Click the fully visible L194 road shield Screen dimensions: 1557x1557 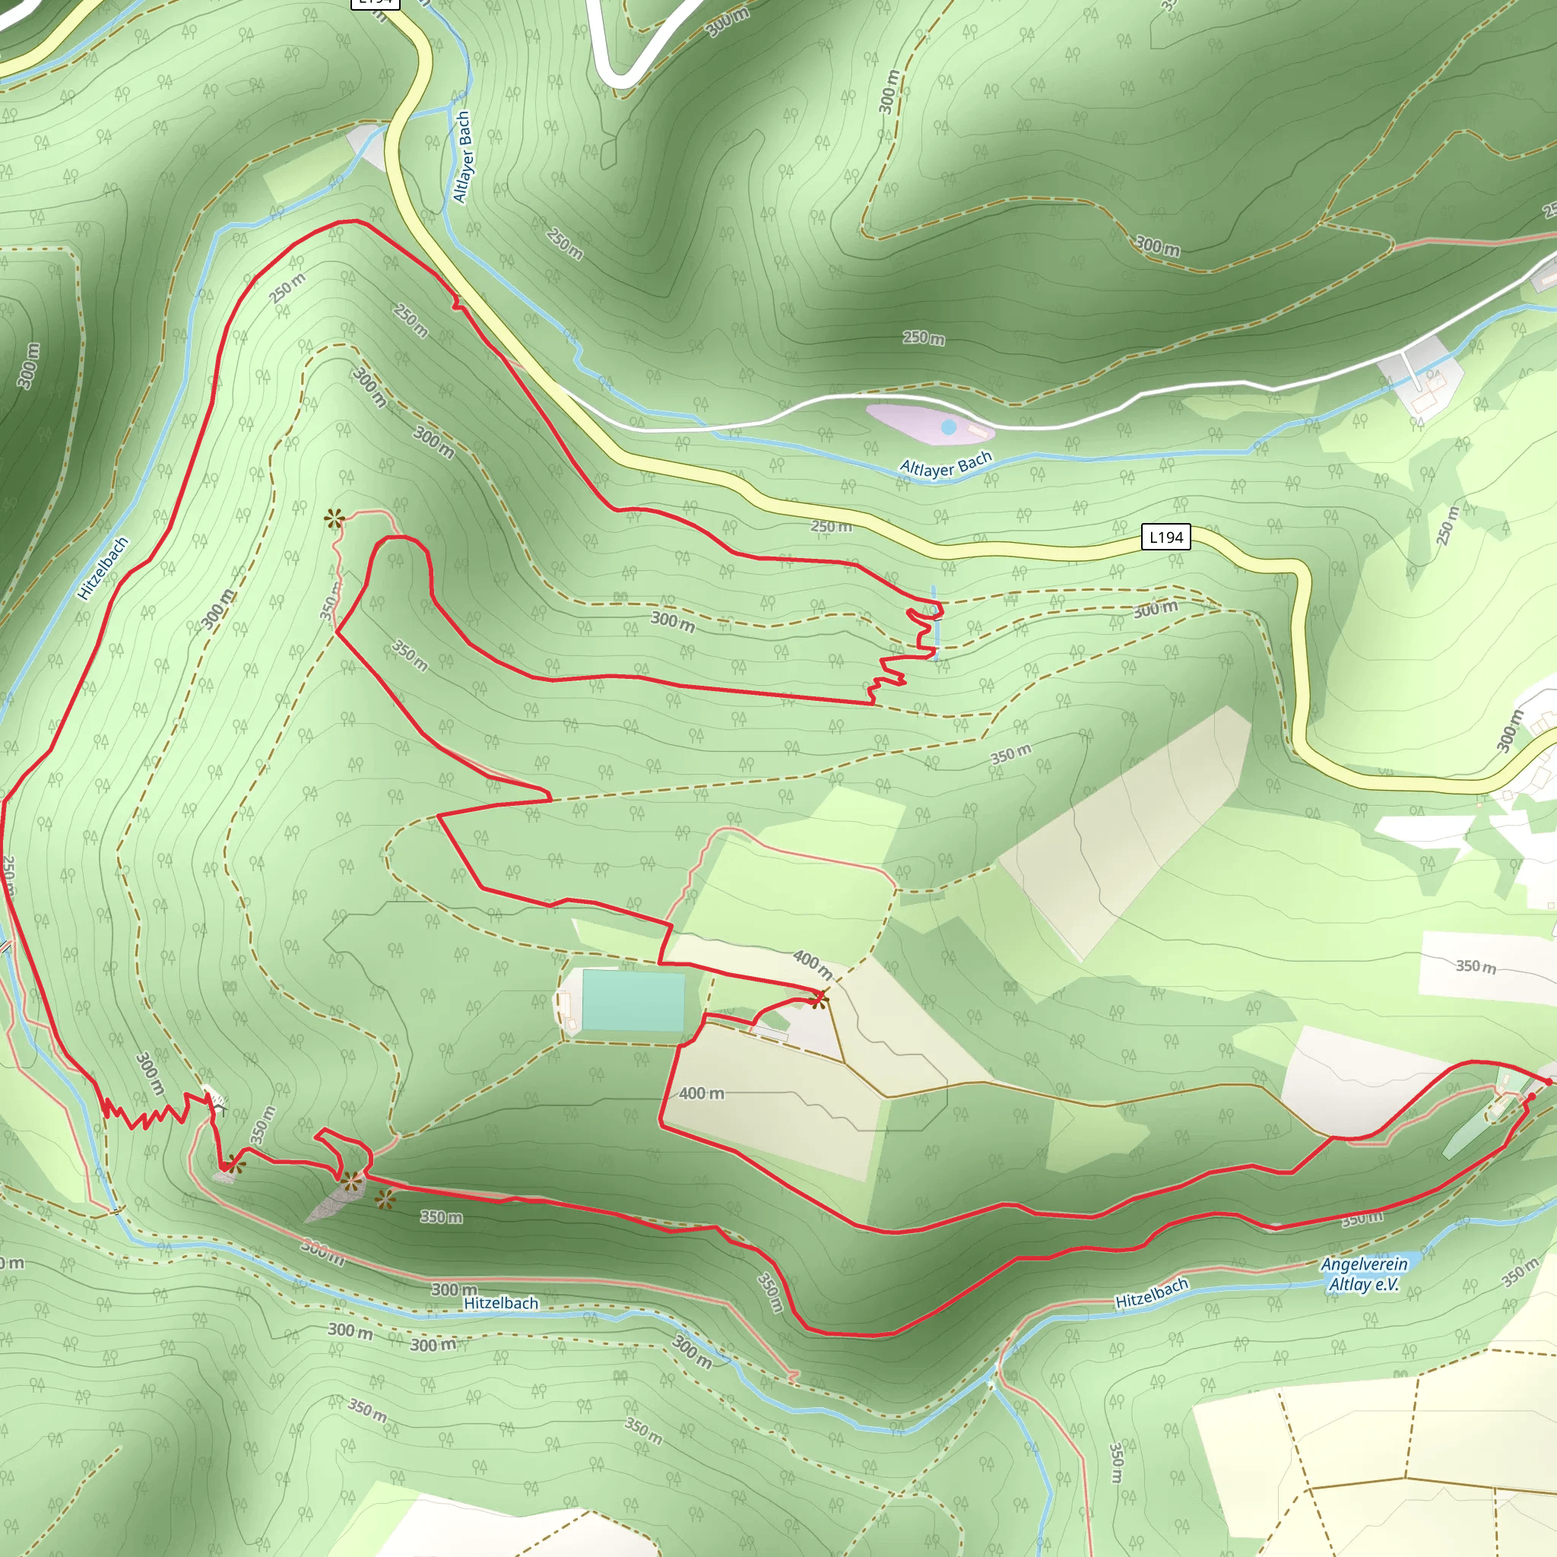tap(1165, 537)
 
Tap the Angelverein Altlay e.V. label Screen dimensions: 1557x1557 tap(1364, 1274)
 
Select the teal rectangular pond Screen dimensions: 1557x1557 tap(633, 1001)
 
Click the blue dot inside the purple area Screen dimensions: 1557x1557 tap(949, 427)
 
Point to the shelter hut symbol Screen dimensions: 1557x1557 tap(213, 1097)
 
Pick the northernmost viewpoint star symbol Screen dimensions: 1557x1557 tap(333, 518)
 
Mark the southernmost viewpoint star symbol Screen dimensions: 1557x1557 tap(385, 1200)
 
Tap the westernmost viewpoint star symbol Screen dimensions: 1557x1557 tap(233, 1163)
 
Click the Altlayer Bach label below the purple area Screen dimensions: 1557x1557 tap(945, 465)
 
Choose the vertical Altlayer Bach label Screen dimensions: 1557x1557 tap(461, 157)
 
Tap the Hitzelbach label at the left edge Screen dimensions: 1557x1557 tap(103, 568)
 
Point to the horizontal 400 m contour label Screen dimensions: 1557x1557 tap(701, 1092)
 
